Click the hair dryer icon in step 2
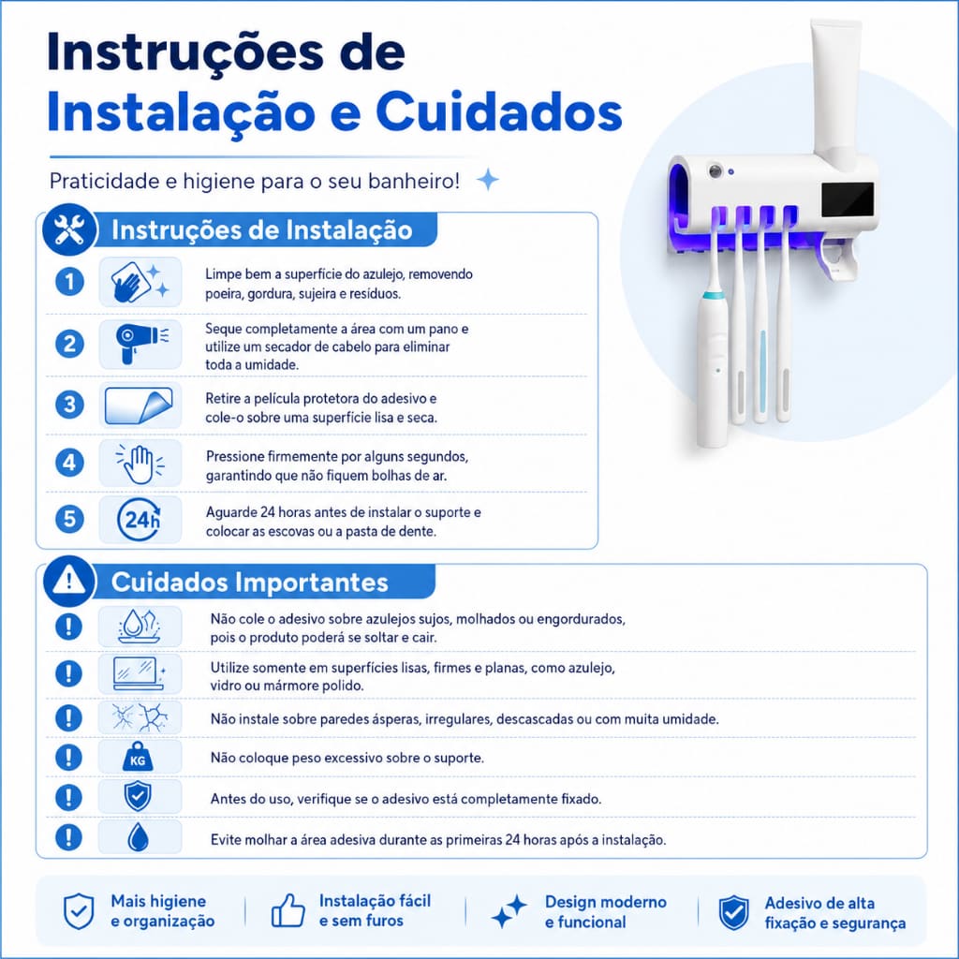click(x=140, y=343)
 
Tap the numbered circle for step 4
click(x=69, y=463)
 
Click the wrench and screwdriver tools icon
click(x=69, y=230)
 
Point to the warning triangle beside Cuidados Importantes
click(x=69, y=581)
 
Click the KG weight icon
click(x=138, y=757)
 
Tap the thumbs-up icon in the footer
click(x=288, y=910)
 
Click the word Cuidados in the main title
click(x=498, y=112)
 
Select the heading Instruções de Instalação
click(x=262, y=230)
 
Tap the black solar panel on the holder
click(x=848, y=199)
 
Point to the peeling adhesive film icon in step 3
click(x=139, y=405)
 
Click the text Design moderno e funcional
click(x=606, y=912)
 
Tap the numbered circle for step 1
click(x=69, y=282)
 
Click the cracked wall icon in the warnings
click(x=140, y=716)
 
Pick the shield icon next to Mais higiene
click(x=79, y=910)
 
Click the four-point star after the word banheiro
click(x=487, y=180)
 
